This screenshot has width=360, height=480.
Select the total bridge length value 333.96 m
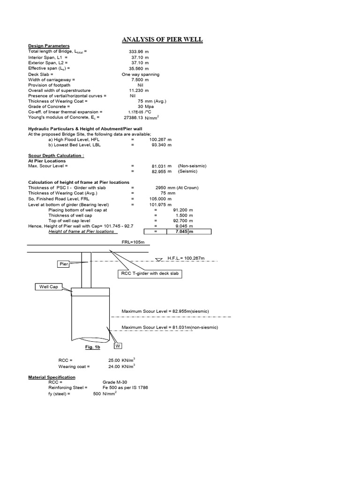tap(139, 51)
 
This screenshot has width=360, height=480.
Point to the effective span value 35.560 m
tap(139, 68)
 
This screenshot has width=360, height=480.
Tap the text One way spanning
tap(140, 74)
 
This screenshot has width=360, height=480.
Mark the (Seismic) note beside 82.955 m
tap(189, 172)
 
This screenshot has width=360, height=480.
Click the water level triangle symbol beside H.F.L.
tap(159, 259)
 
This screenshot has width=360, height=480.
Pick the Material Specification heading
tap(52, 377)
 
